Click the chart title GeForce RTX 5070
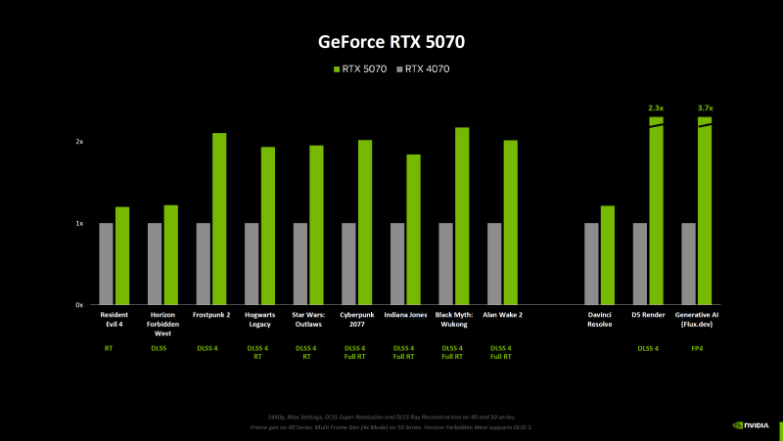[391, 42]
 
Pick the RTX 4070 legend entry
[427, 68]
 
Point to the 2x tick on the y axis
[79, 142]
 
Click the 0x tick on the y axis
[79, 305]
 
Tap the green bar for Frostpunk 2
[219, 219]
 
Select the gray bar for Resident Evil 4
[106, 264]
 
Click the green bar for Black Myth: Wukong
[462, 216]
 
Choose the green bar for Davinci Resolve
[607, 255]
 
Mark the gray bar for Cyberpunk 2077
[348, 264]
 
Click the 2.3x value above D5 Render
[656, 108]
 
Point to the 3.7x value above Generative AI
[705, 108]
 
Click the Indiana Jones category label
[405, 316]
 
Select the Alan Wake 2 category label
[502, 316]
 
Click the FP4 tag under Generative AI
[697, 347]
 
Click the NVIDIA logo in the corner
[751, 425]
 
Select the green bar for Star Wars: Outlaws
[316, 225]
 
